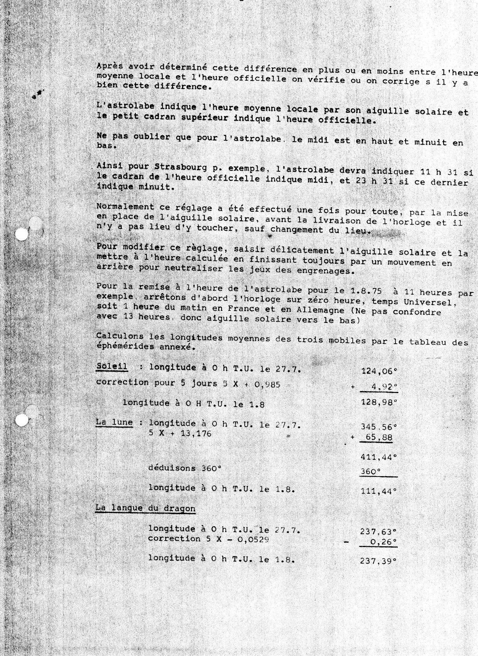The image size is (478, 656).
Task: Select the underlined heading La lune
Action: tap(114, 423)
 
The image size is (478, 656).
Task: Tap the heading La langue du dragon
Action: tap(145, 508)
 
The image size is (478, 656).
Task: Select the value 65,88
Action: tap(377, 437)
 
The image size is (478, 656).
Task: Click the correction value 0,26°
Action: tap(382, 542)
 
